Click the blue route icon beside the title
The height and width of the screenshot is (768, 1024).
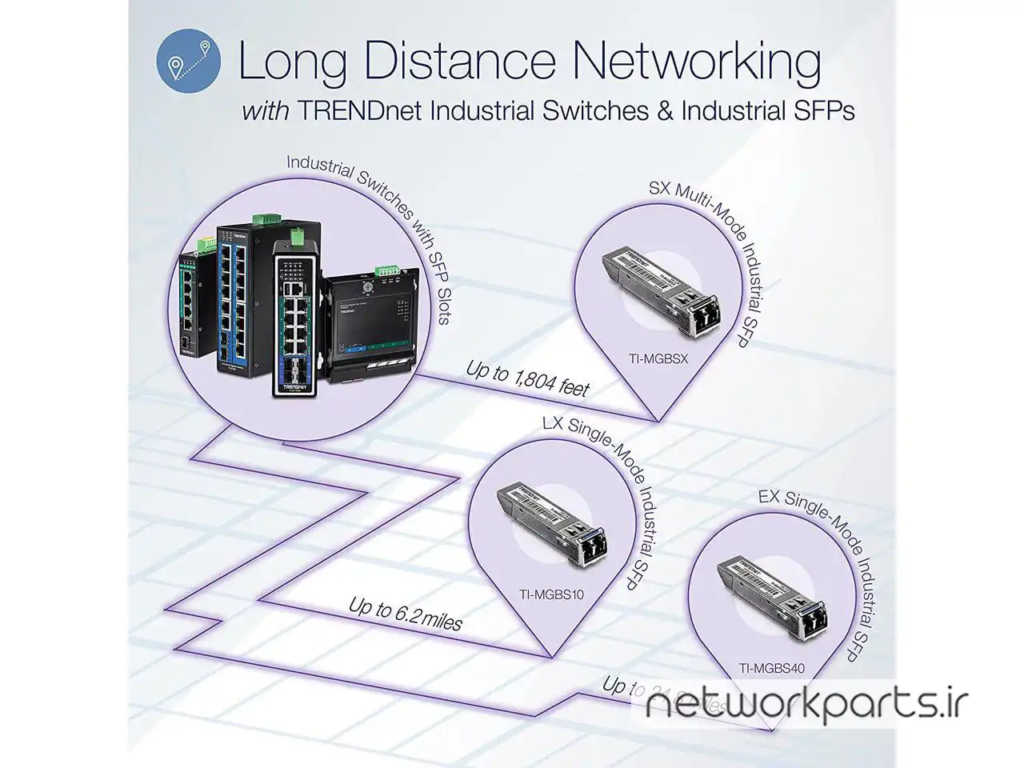[189, 60]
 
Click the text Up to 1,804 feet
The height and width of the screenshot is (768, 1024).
[527, 380]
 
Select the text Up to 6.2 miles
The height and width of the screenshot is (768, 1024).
[405, 614]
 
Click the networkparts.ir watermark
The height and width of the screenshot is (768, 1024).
[807, 705]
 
